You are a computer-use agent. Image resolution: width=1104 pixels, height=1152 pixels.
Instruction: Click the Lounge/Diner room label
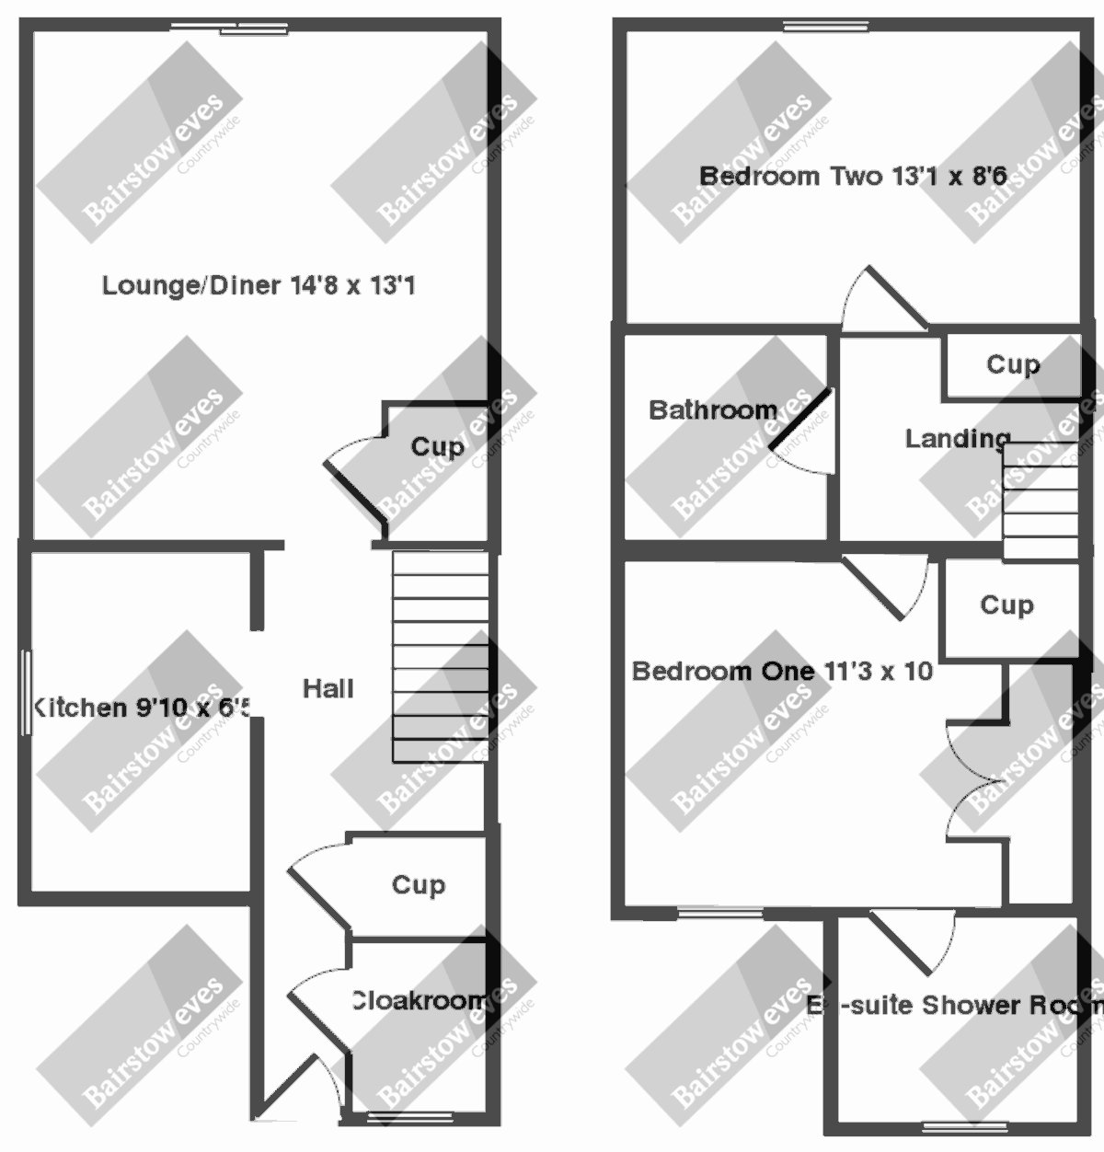[258, 285]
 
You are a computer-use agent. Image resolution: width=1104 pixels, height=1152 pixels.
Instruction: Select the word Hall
[328, 688]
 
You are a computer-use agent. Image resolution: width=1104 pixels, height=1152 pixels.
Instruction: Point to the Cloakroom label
[419, 1000]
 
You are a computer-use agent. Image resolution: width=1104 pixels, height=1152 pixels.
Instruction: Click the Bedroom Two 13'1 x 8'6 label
[852, 175]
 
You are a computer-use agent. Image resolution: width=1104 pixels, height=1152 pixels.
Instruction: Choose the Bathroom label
[713, 409]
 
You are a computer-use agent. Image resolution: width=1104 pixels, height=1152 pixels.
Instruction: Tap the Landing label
[957, 439]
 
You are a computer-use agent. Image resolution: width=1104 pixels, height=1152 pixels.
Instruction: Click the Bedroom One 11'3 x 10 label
[782, 671]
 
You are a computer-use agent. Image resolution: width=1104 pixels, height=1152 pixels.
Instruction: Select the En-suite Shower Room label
[952, 1005]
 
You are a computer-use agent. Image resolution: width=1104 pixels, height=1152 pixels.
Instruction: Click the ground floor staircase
[440, 657]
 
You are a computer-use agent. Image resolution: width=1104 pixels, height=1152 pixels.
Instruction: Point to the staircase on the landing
[1040, 501]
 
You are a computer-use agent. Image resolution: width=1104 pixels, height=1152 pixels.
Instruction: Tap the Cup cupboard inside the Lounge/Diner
[437, 447]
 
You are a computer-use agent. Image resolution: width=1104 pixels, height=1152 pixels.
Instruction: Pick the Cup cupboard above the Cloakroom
[419, 884]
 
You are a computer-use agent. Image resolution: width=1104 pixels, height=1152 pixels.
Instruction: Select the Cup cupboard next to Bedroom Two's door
[1012, 365]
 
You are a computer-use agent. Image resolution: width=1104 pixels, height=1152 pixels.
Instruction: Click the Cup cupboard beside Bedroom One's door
[1006, 605]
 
